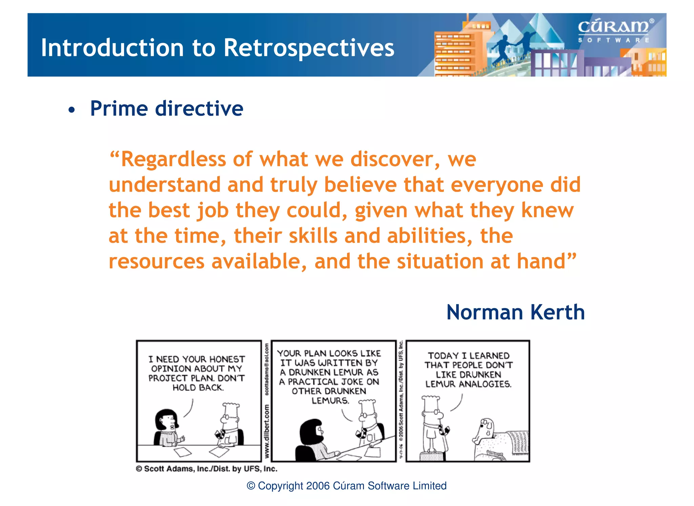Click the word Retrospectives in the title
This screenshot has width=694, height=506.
[309, 48]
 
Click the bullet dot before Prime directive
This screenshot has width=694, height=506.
[71, 110]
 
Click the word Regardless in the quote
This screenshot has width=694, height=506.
[173, 159]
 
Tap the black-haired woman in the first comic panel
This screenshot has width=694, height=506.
[167, 427]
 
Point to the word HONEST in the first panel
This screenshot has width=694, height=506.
[227, 359]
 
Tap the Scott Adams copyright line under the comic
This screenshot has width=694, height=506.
[207, 469]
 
